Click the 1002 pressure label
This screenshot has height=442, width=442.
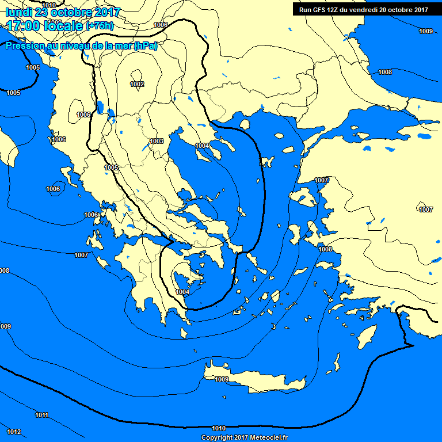point(137,84)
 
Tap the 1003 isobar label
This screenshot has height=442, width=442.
point(157,141)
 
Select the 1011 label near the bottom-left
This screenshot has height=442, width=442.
point(41,415)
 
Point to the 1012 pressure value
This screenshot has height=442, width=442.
point(14,432)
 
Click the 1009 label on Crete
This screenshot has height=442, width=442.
point(222,379)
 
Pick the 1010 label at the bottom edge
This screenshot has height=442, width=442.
point(219,428)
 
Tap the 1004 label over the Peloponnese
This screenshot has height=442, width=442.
point(182,292)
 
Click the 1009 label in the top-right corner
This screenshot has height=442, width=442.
point(426,31)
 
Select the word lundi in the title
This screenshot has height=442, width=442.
point(20,12)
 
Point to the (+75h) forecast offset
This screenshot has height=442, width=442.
point(100,26)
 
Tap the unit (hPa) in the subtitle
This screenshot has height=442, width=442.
point(145,47)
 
